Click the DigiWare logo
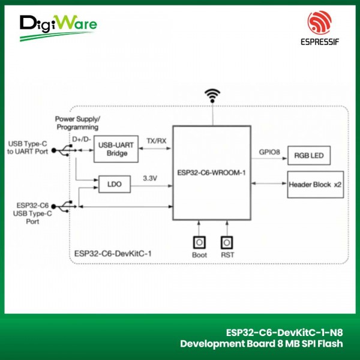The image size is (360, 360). click(58, 26)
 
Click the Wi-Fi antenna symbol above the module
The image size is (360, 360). click(212, 95)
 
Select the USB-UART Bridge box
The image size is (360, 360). click(116, 149)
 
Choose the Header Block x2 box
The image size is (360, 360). click(314, 184)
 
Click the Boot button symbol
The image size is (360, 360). click(198, 242)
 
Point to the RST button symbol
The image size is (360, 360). click(226, 242)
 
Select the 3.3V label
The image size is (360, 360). click(150, 178)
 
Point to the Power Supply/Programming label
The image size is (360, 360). click(78, 123)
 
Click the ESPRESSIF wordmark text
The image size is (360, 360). click(319, 42)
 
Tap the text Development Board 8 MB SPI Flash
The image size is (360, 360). click(262, 344)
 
